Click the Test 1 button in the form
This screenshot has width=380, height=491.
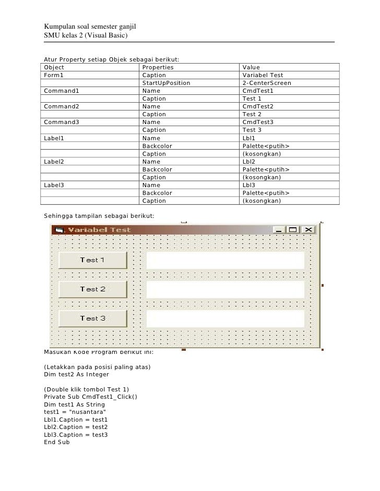click(93, 260)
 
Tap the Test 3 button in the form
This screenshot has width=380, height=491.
click(93, 318)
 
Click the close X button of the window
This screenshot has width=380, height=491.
click(308, 230)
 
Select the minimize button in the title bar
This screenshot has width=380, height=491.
click(279, 230)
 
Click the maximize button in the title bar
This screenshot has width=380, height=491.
click(293, 230)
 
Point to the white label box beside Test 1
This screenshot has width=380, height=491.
click(225, 260)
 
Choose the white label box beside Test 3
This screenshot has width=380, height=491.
click(225, 318)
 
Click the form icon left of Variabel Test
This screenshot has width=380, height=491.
click(59, 230)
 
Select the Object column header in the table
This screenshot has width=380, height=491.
click(54, 68)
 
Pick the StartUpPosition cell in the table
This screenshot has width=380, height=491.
click(166, 83)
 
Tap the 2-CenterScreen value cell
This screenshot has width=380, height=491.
click(267, 83)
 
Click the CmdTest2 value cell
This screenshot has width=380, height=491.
click(258, 107)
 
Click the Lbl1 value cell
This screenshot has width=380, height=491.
click(248, 139)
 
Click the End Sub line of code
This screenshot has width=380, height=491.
click(57, 443)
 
